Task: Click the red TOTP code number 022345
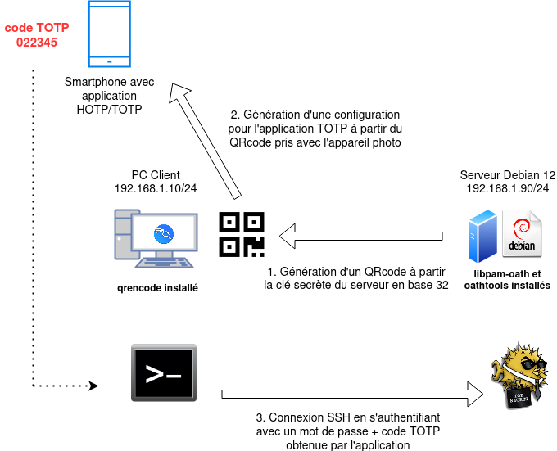pos(37,43)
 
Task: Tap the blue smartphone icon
pos(111,34)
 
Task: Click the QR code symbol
pos(242,234)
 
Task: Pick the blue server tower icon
pos(482,235)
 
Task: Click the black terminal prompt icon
pos(163,373)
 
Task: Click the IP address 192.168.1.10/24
pos(156,188)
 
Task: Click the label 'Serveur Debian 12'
pos(508,175)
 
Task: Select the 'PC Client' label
pos(156,175)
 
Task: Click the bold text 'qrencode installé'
pos(157,288)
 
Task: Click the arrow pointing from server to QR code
pos(360,237)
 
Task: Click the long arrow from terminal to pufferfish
pos(352,394)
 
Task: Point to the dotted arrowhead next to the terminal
pos(93,384)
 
